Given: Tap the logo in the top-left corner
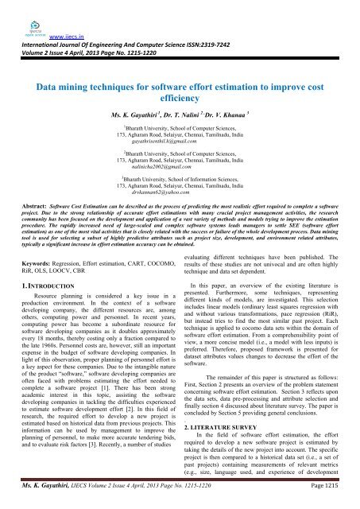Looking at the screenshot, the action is click(16, 8).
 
